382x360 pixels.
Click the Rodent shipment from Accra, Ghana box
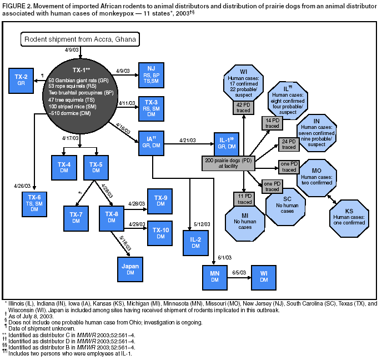(x=81, y=39)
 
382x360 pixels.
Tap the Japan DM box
(x=130, y=269)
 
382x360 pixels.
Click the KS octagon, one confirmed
(x=349, y=215)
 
